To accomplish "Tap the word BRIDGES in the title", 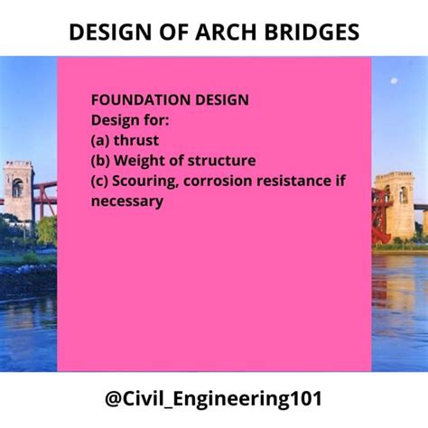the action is [312, 32].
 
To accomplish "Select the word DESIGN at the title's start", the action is [110, 32].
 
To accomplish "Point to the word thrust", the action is [136, 140].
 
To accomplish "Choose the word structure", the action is [222, 161].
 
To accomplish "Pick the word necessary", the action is [127, 201].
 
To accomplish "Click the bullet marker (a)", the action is [100, 141].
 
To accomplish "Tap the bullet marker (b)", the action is [100, 161].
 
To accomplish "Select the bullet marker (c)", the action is [99, 181].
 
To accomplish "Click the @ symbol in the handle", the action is [113, 398].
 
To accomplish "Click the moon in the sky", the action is [394, 80].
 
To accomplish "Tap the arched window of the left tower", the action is [17, 187].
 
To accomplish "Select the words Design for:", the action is [130, 120].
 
